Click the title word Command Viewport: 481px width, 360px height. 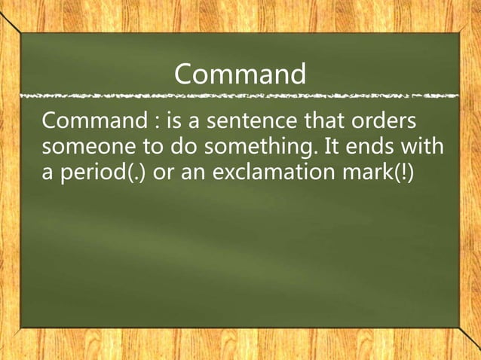point(240,74)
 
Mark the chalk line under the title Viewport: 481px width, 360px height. point(240,97)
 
